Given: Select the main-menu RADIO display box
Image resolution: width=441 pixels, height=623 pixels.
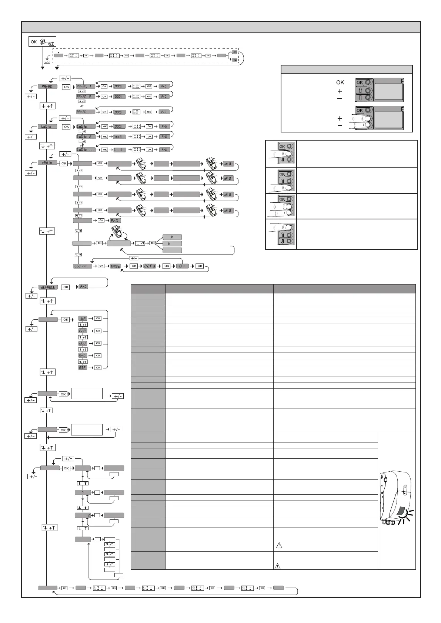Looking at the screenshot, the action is click(47, 163).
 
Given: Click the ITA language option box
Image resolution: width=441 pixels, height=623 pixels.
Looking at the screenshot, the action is click(83, 319).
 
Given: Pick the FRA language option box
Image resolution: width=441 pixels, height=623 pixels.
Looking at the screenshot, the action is click(83, 331).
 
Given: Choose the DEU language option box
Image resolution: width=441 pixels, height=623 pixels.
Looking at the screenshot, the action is click(83, 343).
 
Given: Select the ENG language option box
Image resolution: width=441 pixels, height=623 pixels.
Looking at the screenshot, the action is click(83, 356).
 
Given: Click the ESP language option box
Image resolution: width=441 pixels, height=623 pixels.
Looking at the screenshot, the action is click(83, 368).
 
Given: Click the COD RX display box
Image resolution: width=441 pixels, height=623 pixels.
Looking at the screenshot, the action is click(83, 266).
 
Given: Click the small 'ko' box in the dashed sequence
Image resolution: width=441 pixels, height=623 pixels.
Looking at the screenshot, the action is click(235, 60).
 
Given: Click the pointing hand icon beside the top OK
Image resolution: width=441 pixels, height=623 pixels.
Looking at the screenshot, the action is click(48, 42).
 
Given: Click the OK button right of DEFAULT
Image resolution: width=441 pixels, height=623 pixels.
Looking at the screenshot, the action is click(65, 287).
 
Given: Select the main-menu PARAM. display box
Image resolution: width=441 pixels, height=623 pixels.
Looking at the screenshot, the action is click(47, 87).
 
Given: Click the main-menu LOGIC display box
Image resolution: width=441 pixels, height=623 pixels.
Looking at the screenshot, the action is click(47, 127).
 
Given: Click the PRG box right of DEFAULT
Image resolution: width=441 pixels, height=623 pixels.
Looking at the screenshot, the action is click(84, 287).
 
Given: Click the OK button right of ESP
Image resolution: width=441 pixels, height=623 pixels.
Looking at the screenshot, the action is click(98, 368).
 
